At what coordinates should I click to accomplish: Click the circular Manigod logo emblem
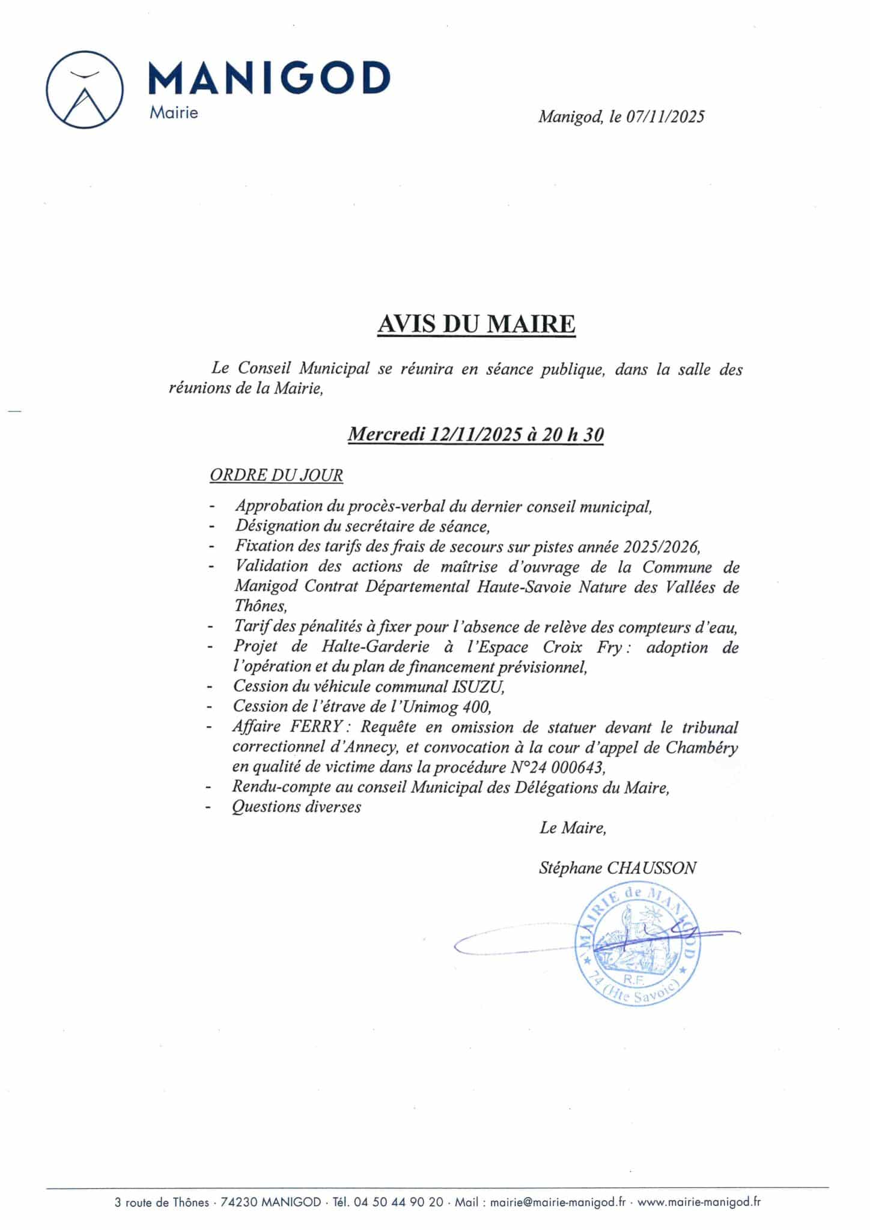(85, 89)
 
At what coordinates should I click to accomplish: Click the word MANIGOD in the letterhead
(269, 78)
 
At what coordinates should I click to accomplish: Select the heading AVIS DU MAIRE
(476, 324)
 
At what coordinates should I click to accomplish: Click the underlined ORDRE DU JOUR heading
(276, 475)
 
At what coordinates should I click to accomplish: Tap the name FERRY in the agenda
(317, 727)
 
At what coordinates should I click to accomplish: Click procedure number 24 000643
(562, 767)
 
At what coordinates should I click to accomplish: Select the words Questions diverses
(297, 807)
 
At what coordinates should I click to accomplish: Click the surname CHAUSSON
(652, 868)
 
